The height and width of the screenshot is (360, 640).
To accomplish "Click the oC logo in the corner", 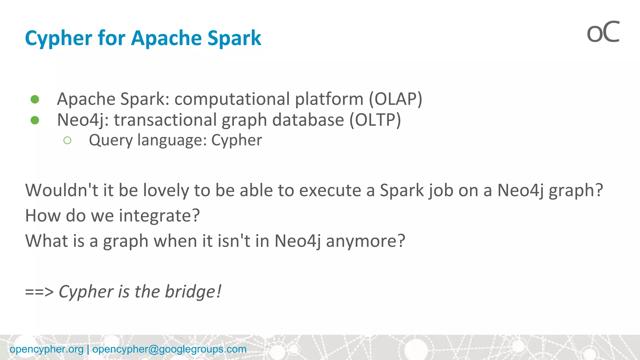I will click(x=603, y=32).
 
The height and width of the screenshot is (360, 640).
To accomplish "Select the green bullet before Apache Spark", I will click(x=35, y=99).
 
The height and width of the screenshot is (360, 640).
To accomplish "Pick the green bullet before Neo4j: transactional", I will click(x=35, y=120).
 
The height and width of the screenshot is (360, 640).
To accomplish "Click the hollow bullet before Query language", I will click(x=67, y=141).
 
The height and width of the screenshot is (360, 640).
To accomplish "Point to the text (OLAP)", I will click(x=395, y=99).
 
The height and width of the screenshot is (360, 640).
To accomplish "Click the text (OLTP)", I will click(x=375, y=120).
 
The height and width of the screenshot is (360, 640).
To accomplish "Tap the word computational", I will click(x=232, y=99).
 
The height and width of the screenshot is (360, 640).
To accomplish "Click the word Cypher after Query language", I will click(x=237, y=141).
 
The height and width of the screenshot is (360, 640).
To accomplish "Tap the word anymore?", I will click(x=365, y=241).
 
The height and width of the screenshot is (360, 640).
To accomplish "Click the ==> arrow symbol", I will click(x=39, y=292).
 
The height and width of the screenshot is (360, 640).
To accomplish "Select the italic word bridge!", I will click(x=193, y=292).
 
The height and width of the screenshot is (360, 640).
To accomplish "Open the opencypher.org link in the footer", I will click(x=47, y=349).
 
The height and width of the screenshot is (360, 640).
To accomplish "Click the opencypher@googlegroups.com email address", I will click(x=169, y=349).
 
